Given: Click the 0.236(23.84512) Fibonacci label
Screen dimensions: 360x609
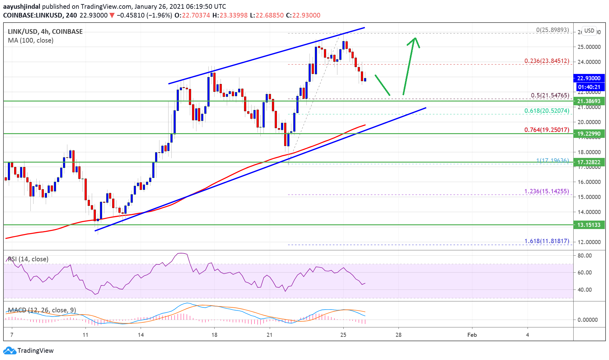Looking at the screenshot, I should coord(547,61).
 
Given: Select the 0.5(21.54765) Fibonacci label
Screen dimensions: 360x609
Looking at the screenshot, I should coord(550,95).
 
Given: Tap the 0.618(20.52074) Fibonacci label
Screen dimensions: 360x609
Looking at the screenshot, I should coord(547,111).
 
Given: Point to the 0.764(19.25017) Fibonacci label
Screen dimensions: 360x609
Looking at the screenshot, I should coord(547,130).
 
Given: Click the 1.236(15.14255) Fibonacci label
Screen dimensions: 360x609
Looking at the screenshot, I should coord(546,191).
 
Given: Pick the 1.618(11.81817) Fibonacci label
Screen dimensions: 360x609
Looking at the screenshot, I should coord(547,241).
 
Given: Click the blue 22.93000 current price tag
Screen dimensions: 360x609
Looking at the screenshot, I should coord(589,78).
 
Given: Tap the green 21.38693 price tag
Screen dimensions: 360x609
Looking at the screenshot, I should coord(589,101).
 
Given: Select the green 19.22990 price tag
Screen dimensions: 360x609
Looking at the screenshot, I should coord(589,133).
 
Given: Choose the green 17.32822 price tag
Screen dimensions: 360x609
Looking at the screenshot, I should coord(589,162).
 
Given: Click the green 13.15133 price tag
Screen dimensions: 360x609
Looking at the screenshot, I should coord(589,225).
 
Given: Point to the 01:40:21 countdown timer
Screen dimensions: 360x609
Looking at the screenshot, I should coord(589,87).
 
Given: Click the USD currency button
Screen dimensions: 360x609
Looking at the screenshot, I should coord(589,31).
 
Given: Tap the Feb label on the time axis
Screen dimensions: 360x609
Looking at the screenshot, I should coord(472,335).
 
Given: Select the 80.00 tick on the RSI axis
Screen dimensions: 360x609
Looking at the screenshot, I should coord(585,255).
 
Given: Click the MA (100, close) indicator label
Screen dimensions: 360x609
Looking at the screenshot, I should coord(31,40).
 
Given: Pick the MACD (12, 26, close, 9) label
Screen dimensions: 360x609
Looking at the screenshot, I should coord(42,310).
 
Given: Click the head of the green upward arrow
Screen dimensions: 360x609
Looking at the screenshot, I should coord(414,39).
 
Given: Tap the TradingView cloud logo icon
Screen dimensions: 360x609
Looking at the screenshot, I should coord(9,350).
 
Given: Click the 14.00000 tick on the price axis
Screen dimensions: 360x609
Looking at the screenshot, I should coord(589,212).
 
